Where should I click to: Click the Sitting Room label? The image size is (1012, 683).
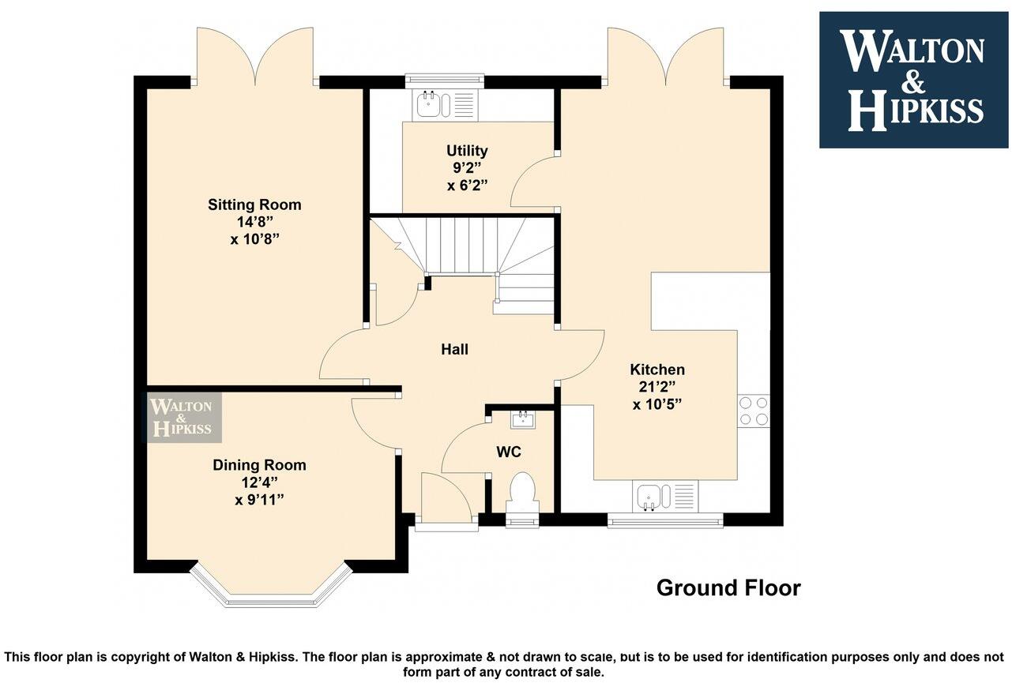pos(254,205)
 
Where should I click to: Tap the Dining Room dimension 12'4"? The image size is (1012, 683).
pos(259,482)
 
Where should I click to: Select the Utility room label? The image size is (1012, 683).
pos(467,150)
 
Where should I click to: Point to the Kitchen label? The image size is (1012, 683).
pos(657,370)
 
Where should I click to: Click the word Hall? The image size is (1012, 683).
pos(454,349)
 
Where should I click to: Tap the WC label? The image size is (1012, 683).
pos(509,452)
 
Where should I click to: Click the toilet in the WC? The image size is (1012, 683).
pos(522,491)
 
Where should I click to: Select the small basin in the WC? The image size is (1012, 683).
pos(522,419)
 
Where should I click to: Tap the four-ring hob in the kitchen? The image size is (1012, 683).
pos(753,411)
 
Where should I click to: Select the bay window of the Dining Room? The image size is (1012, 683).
pos(270,588)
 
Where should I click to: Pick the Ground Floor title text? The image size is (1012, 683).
pos(728,588)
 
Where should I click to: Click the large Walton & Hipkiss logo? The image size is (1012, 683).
pos(913,80)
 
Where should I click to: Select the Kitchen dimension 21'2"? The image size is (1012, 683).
pos(657,387)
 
